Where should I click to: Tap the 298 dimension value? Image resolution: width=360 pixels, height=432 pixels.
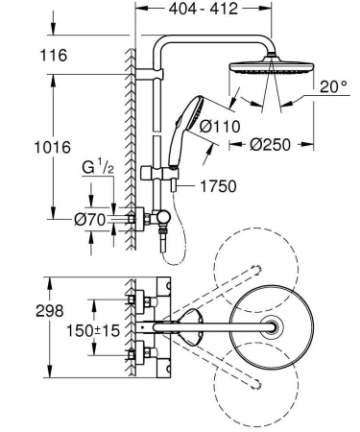click(20, 311)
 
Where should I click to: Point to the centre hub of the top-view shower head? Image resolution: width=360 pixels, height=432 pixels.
click(276, 326)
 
